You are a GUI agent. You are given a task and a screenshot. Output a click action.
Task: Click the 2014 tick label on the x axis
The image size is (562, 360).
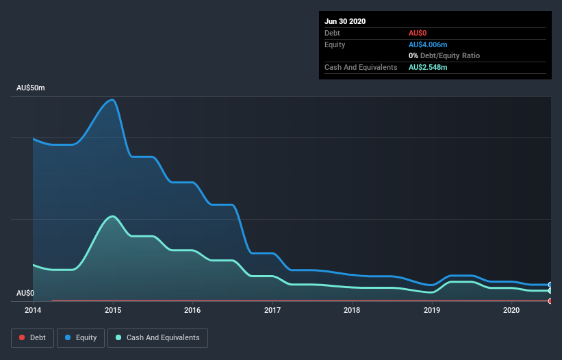click(x=33, y=310)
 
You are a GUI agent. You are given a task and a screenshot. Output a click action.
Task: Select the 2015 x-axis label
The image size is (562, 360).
click(x=113, y=310)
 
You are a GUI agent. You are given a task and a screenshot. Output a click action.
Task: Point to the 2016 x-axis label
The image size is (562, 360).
click(x=192, y=310)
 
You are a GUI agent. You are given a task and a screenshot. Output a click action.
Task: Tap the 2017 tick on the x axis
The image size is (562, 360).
click(x=272, y=310)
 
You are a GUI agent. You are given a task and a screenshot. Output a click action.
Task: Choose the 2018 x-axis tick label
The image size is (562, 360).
click(x=352, y=310)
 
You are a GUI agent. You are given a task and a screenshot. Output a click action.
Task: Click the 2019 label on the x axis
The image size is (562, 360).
click(x=432, y=310)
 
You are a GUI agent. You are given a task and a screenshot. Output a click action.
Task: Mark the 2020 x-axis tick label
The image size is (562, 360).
click(x=511, y=310)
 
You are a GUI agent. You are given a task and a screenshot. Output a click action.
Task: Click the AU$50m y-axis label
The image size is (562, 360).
click(x=31, y=88)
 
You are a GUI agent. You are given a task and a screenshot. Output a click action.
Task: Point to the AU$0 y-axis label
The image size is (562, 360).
click(x=25, y=293)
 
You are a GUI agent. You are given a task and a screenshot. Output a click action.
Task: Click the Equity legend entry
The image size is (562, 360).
click(x=81, y=337)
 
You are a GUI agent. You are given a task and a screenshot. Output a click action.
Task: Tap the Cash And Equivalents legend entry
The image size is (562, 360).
click(x=157, y=337)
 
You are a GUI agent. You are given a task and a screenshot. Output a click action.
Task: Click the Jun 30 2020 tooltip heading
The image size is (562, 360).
click(x=345, y=21)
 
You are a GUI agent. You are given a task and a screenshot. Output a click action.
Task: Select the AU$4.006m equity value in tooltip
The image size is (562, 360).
click(x=428, y=44)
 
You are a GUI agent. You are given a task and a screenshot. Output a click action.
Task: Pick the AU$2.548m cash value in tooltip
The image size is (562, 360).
click(x=428, y=67)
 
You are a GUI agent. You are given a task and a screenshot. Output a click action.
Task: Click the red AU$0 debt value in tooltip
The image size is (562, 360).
click(x=418, y=33)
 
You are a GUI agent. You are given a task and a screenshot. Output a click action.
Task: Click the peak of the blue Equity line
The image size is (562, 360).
click(x=112, y=100)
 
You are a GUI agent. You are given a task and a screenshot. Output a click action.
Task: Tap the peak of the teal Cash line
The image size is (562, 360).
click(x=112, y=216)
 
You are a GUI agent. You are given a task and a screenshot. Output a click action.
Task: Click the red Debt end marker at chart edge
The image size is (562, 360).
click(x=550, y=300)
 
